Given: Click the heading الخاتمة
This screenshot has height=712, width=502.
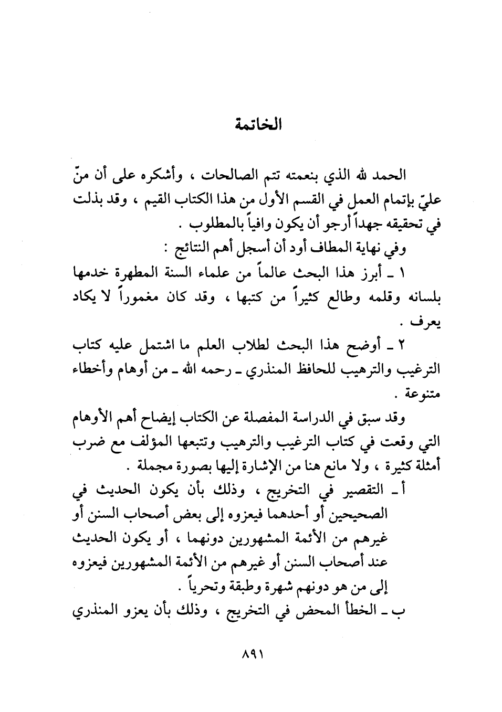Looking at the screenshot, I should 257,126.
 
